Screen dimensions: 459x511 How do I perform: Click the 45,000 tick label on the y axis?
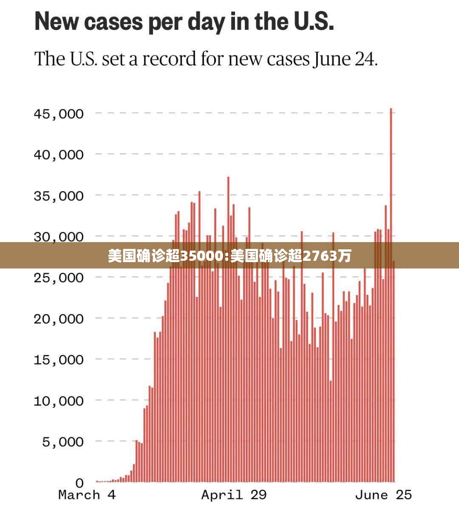(x=59, y=114)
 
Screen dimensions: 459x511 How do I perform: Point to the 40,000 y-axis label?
(x=59, y=154)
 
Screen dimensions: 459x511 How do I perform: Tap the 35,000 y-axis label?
(x=59, y=196)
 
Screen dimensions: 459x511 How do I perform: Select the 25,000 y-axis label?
(x=59, y=278)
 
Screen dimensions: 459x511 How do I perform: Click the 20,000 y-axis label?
(x=59, y=319)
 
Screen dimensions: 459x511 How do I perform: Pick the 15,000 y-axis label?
(x=59, y=360)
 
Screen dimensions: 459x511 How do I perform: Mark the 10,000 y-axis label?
(x=59, y=401)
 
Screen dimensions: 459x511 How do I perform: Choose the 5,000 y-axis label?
(x=63, y=442)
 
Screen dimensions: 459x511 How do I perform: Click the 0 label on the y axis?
(x=79, y=483)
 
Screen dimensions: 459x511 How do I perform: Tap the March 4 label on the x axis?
(x=87, y=495)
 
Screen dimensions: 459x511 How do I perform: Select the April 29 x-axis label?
(x=234, y=495)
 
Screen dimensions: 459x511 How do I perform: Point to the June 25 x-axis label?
(x=383, y=495)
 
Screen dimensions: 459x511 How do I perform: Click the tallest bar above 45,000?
(x=391, y=295)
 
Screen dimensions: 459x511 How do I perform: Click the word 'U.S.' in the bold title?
(x=314, y=21)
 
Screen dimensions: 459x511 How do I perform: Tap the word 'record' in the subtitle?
(x=169, y=59)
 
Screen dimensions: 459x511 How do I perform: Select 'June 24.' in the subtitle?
(x=345, y=59)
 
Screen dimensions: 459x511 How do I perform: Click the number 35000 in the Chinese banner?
(x=201, y=256)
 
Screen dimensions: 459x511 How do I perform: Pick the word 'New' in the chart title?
(x=57, y=21)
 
